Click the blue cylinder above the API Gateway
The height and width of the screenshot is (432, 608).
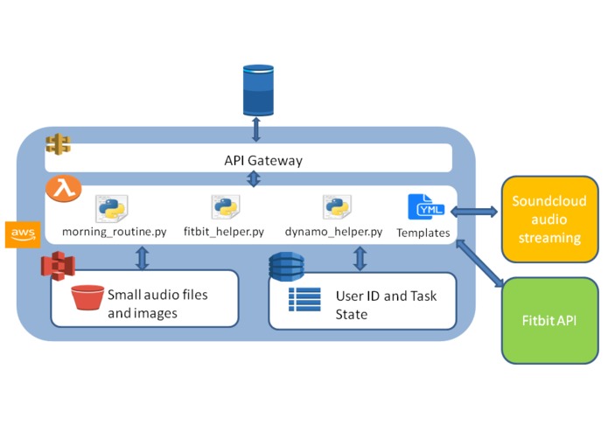(x=256, y=91)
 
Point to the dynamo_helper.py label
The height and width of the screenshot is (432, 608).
(x=334, y=233)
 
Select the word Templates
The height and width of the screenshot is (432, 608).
(x=423, y=233)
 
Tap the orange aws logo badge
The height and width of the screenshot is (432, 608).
(x=22, y=233)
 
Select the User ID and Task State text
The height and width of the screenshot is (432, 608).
(x=385, y=304)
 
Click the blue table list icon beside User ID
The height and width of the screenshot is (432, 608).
(x=304, y=299)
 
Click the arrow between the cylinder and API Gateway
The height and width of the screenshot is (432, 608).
(x=256, y=130)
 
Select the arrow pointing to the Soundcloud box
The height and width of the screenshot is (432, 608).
(x=476, y=213)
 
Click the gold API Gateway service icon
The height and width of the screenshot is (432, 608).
(x=58, y=142)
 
